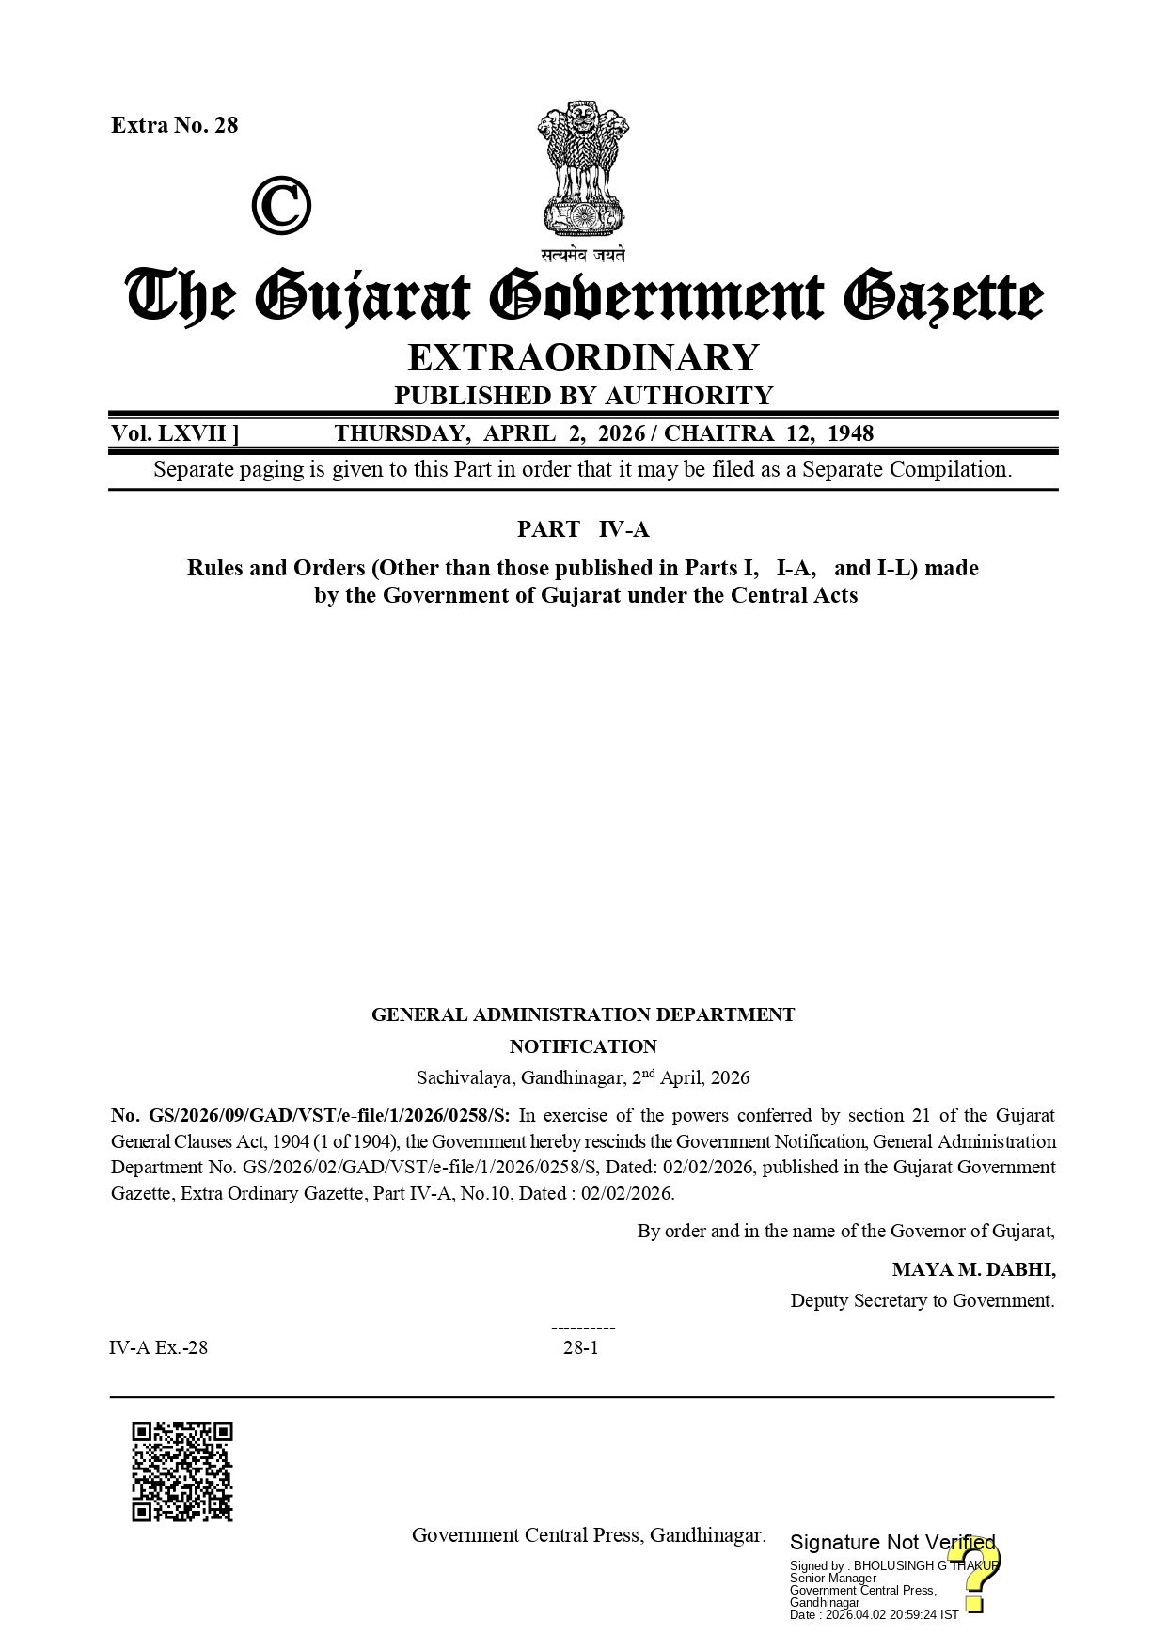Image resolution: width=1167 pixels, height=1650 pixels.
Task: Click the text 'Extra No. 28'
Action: tap(174, 125)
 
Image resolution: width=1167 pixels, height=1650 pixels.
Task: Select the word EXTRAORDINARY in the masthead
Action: tap(583, 357)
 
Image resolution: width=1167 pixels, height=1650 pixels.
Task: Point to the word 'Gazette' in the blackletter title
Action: tap(941, 297)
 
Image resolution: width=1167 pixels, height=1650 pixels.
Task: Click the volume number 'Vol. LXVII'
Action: tap(174, 433)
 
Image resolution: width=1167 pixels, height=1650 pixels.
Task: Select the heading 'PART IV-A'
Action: tap(583, 529)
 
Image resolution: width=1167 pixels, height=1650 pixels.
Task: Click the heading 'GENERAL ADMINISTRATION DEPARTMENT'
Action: tap(583, 1014)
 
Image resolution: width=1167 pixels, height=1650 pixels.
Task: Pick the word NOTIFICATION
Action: tap(583, 1046)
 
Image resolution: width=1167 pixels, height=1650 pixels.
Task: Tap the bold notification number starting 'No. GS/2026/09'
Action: tap(310, 1116)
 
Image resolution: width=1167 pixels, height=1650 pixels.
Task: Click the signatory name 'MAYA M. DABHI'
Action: tap(973, 1269)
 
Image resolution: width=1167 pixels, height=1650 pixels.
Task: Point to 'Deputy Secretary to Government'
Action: tap(922, 1300)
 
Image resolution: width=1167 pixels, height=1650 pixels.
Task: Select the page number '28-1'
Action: tap(580, 1347)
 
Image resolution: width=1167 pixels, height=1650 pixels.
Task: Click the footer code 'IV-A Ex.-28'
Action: tap(158, 1347)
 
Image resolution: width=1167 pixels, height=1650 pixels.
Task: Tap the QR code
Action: tap(181, 1471)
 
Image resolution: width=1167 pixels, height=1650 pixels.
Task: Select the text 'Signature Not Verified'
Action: tap(891, 1542)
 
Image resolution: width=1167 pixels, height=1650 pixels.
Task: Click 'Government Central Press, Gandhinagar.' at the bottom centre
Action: tap(589, 1535)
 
